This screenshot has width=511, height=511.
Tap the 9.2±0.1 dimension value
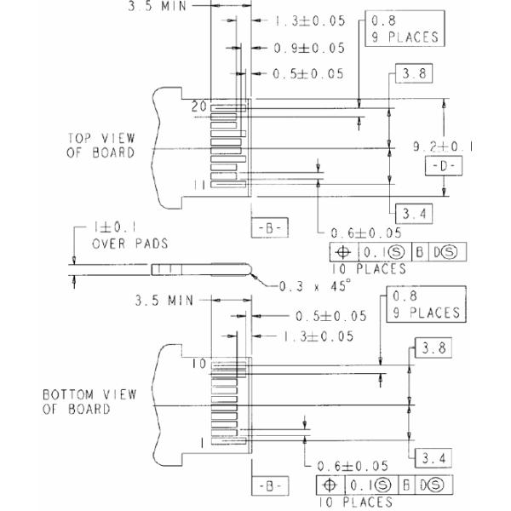pyautogui.click(x=443, y=146)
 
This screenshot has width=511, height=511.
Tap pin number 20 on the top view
pyautogui.click(x=198, y=106)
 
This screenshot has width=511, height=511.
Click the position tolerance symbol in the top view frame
pyautogui.click(x=343, y=253)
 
